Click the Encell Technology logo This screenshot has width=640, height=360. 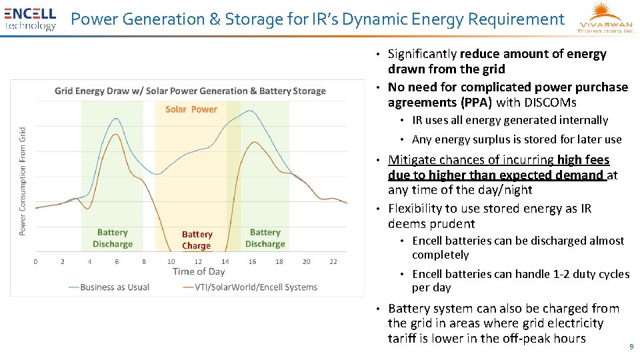30,19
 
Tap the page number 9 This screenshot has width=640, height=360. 631,347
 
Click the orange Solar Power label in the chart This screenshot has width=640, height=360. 191,109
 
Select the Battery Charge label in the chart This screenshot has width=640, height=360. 197,240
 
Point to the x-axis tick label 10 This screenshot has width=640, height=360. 171,261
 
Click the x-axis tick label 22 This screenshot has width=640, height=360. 333,261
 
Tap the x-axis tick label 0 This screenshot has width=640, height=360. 35,261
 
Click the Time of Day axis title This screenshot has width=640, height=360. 199,271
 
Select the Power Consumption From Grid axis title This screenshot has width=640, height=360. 23,181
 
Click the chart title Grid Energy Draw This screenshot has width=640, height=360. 190,91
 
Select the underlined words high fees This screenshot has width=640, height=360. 583,160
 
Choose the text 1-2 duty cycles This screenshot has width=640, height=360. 585,274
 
